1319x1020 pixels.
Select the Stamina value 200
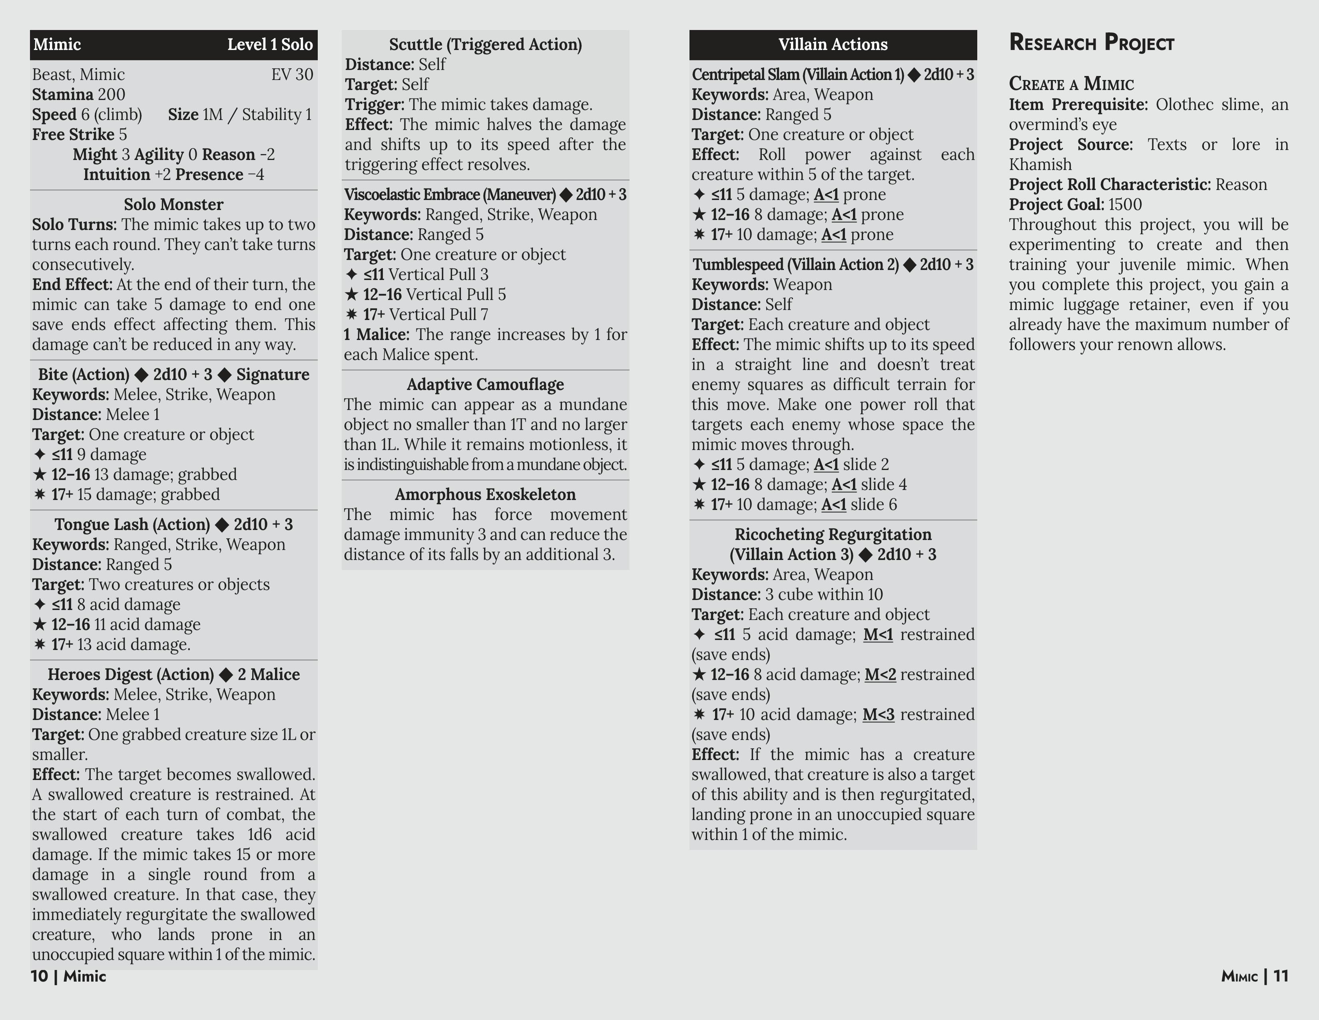(111, 95)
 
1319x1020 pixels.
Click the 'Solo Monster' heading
(173, 204)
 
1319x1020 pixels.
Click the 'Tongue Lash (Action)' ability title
(132, 524)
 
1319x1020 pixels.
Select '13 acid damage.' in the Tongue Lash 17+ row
(133, 645)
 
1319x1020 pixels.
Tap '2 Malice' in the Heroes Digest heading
(268, 674)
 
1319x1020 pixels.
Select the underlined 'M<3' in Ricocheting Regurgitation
(877, 715)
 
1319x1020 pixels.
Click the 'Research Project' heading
(1091, 43)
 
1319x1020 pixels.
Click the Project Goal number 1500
(1124, 205)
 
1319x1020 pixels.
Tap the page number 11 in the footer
(1281, 976)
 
